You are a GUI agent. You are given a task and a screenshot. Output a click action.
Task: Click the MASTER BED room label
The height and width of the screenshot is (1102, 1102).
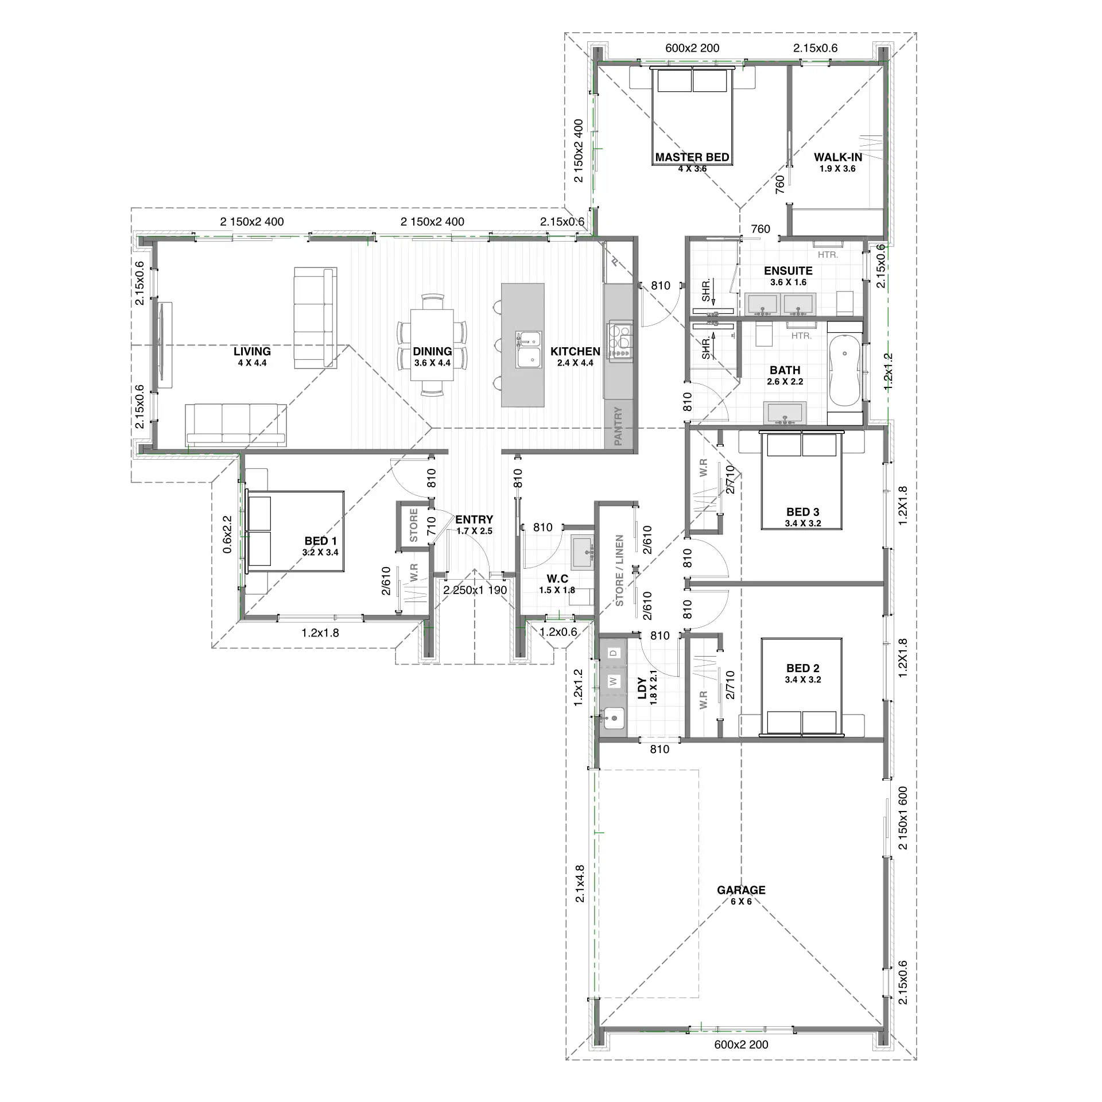click(x=692, y=157)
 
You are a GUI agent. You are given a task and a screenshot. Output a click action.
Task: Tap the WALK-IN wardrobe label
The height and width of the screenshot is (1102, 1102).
click(x=838, y=157)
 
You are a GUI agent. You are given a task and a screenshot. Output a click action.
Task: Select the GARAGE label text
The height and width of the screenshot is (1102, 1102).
click(x=741, y=890)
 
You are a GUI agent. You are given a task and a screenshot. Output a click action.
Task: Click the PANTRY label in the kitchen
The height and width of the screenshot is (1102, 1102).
click(x=618, y=426)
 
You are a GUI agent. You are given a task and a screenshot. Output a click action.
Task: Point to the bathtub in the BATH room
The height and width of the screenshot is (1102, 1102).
click(x=845, y=372)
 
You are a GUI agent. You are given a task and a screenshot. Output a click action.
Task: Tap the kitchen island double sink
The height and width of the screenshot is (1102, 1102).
click(x=528, y=349)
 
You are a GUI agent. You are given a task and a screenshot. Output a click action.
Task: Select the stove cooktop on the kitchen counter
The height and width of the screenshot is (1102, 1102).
click(x=620, y=342)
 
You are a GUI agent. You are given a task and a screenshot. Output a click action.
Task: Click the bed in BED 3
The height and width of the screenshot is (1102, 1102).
click(x=801, y=480)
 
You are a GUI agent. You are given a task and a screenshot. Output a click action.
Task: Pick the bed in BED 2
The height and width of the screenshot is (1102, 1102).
click(x=801, y=686)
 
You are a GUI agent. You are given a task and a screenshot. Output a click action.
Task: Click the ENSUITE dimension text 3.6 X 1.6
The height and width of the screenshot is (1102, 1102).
click(x=788, y=282)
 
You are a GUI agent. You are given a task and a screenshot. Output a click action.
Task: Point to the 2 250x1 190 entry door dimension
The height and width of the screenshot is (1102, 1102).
click(x=475, y=590)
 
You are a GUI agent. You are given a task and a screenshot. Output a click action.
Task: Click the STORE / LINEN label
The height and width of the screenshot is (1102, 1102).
click(x=619, y=571)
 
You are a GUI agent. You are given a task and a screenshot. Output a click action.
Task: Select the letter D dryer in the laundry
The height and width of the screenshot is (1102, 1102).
click(x=614, y=653)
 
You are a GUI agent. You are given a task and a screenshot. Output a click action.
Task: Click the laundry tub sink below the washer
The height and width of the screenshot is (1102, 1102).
click(x=614, y=717)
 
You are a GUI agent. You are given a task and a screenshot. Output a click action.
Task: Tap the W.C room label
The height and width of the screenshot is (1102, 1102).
click(x=557, y=579)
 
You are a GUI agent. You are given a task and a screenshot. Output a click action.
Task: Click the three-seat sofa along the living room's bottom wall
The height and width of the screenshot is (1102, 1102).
click(x=236, y=425)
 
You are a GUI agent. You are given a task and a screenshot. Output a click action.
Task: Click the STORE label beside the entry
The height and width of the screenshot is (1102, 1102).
click(x=414, y=526)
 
